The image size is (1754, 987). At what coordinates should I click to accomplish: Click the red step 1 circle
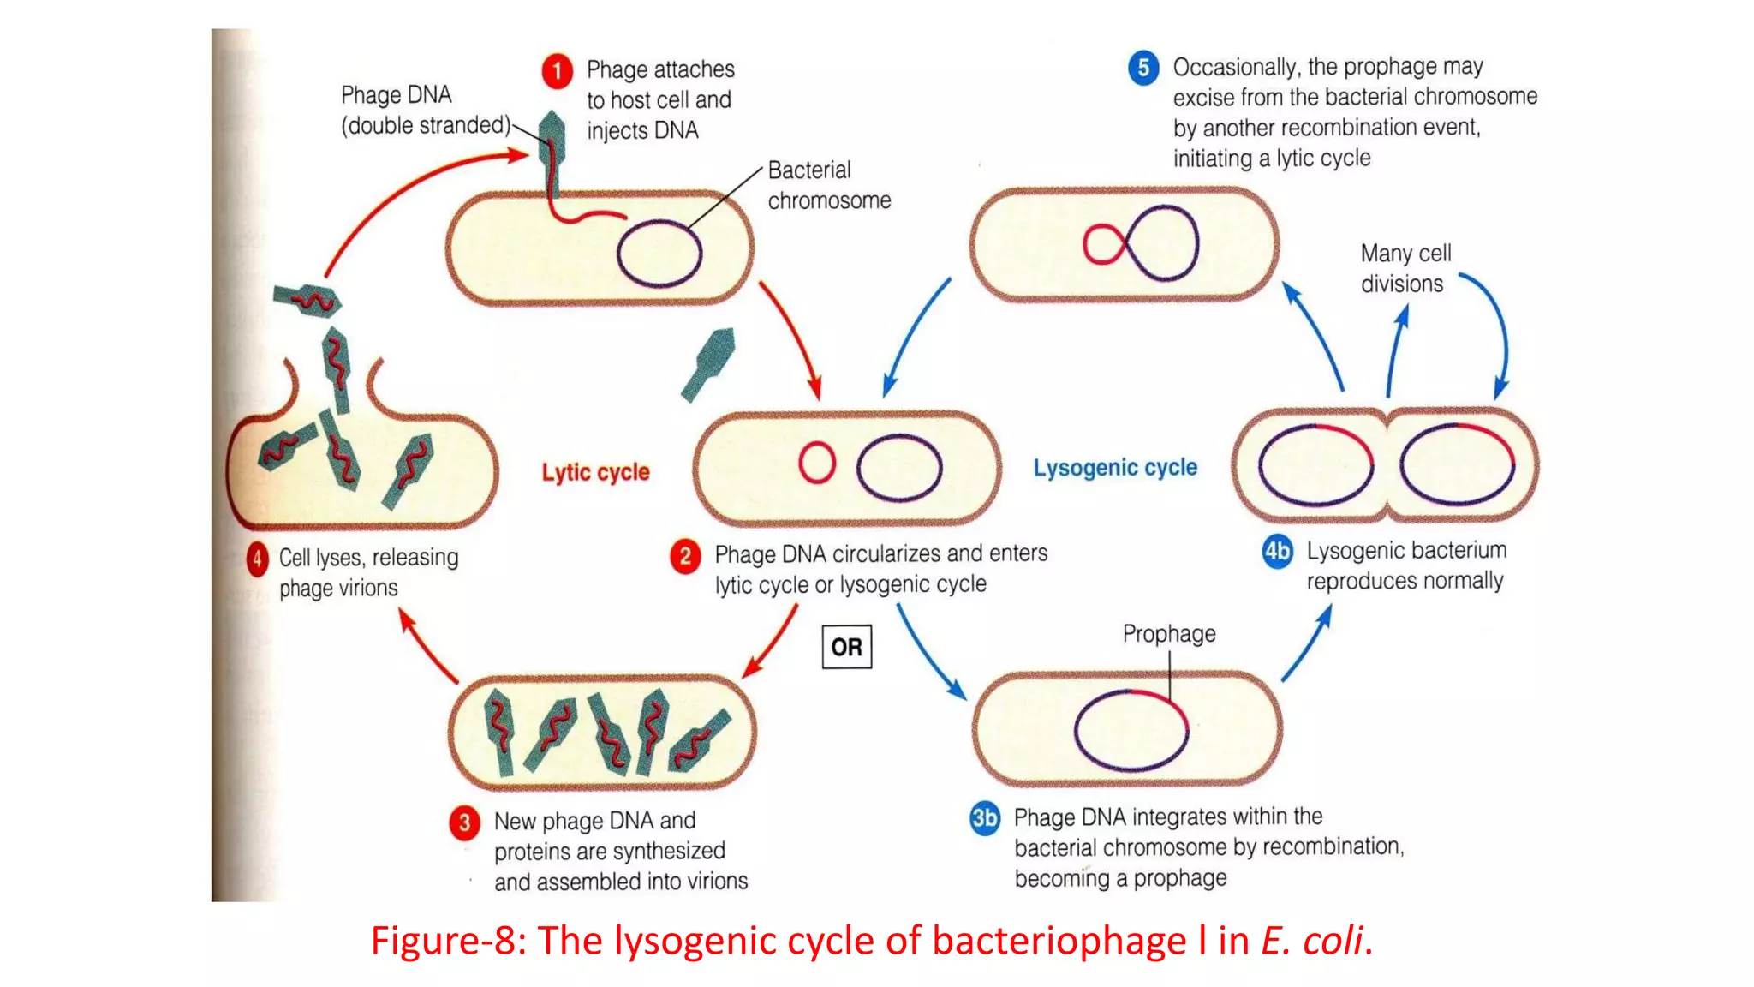[x=557, y=70]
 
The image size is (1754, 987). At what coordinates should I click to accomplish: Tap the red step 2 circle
[x=685, y=556]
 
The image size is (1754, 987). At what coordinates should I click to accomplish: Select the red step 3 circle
[x=464, y=822]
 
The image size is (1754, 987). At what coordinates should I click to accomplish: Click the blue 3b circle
[x=984, y=818]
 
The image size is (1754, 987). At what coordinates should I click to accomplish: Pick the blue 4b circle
[x=1277, y=551]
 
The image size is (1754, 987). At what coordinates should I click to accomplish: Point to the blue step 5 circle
[x=1143, y=68]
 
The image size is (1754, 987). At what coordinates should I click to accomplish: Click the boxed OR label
[x=846, y=647]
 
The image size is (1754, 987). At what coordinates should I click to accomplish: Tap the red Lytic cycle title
[x=595, y=472]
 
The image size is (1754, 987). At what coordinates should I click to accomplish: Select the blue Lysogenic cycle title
[x=1114, y=468]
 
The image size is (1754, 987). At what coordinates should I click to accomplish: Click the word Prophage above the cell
[x=1169, y=634]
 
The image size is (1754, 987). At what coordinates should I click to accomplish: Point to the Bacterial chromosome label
[x=828, y=185]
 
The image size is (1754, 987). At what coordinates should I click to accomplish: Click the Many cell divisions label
[x=1405, y=268]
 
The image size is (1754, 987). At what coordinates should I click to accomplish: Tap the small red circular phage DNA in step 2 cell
[x=816, y=463]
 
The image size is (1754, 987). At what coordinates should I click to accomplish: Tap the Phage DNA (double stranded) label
[x=425, y=110]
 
